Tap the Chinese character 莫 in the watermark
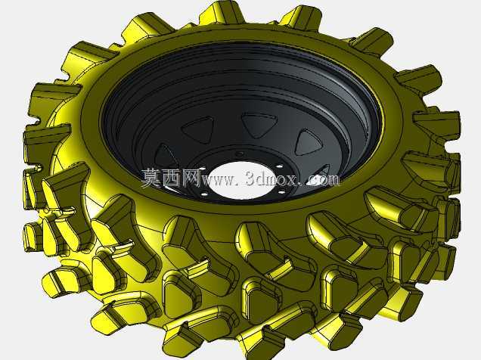click(150, 178)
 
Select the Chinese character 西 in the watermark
click(169, 178)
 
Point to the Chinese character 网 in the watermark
click(190, 178)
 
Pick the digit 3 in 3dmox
click(250, 178)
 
